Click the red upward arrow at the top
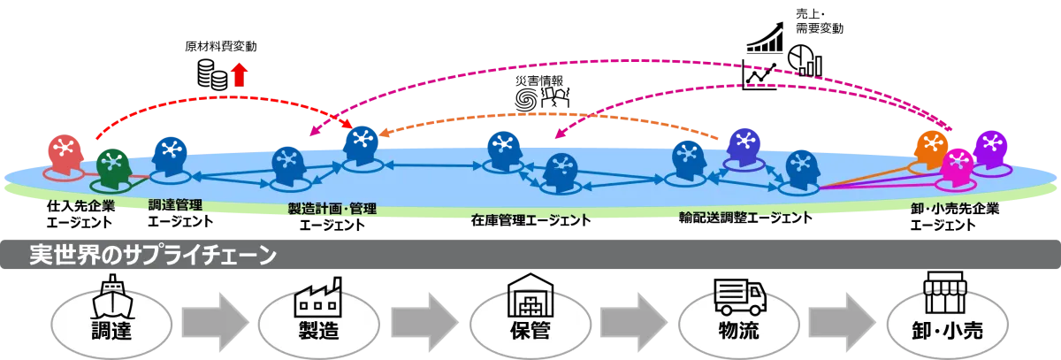pyautogui.click(x=239, y=74)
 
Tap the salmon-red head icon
pyautogui.click(x=65, y=153)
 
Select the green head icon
pyautogui.click(x=112, y=166)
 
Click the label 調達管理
pyautogui.click(x=175, y=205)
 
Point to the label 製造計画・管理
pyautogui.click(x=332, y=209)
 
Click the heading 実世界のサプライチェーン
pyautogui.click(x=153, y=256)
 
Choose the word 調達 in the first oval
pyautogui.click(x=111, y=331)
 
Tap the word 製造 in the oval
pyautogui.click(x=318, y=331)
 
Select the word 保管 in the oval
pyautogui.click(x=530, y=331)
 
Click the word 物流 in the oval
pyautogui.click(x=739, y=331)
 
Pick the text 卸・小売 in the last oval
pyautogui.click(x=947, y=331)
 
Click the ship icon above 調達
pyautogui.click(x=111, y=299)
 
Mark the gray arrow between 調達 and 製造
pyautogui.click(x=214, y=321)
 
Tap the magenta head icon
pyautogui.click(x=957, y=165)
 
